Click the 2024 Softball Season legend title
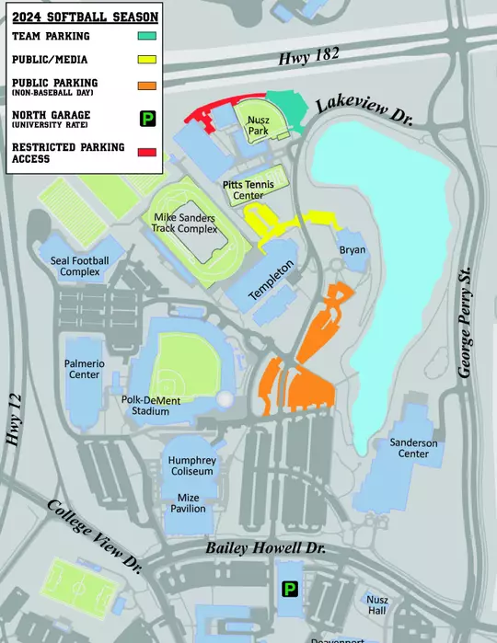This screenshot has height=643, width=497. (82, 15)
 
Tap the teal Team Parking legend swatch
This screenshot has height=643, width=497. (145, 37)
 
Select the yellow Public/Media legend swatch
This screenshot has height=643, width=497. (145, 60)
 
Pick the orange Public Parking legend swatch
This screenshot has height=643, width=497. (145, 86)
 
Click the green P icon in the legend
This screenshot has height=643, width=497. (145, 117)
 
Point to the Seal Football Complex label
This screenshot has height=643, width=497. (80, 266)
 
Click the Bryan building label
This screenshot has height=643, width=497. (353, 250)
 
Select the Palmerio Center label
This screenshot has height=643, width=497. (83, 369)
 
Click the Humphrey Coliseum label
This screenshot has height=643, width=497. (191, 465)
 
